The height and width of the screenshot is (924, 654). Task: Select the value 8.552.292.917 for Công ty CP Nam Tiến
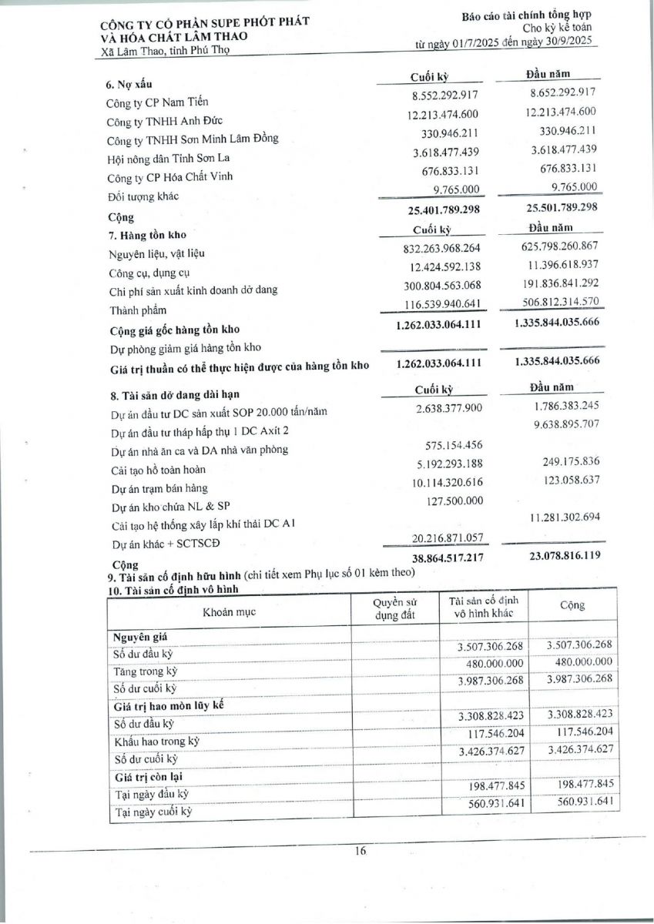(x=446, y=95)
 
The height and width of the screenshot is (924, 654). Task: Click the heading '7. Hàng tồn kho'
(x=146, y=234)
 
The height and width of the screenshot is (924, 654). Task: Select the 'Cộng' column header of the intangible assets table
(x=572, y=605)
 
